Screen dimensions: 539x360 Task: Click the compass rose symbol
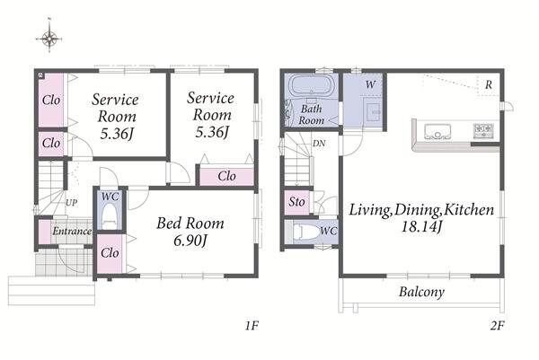coord(49,39)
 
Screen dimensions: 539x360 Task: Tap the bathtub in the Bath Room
coord(311,86)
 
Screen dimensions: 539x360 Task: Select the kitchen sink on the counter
coord(437,132)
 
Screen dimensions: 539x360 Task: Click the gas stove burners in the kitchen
coord(484,130)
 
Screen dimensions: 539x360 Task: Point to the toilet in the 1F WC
coord(110,216)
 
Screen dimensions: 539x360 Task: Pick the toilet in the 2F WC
coord(306,232)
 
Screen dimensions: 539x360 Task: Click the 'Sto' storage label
coord(296,202)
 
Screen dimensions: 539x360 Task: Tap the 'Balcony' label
coord(421,292)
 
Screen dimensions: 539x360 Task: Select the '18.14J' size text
coord(421,227)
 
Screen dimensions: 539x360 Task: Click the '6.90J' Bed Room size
coord(190,241)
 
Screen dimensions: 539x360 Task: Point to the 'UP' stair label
coord(72,203)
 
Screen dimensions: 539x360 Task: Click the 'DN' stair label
coord(319,144)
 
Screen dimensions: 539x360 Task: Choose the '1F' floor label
coord(252,325)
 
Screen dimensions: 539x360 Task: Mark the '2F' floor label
coord(497,325)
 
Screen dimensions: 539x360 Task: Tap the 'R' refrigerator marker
coord(489,84)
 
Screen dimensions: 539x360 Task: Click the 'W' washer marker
coord(370,84)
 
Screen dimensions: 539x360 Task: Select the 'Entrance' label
coord(72,232)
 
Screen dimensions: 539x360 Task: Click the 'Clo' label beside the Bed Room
coord(110,253)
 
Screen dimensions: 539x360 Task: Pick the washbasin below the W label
coord(374,112)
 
